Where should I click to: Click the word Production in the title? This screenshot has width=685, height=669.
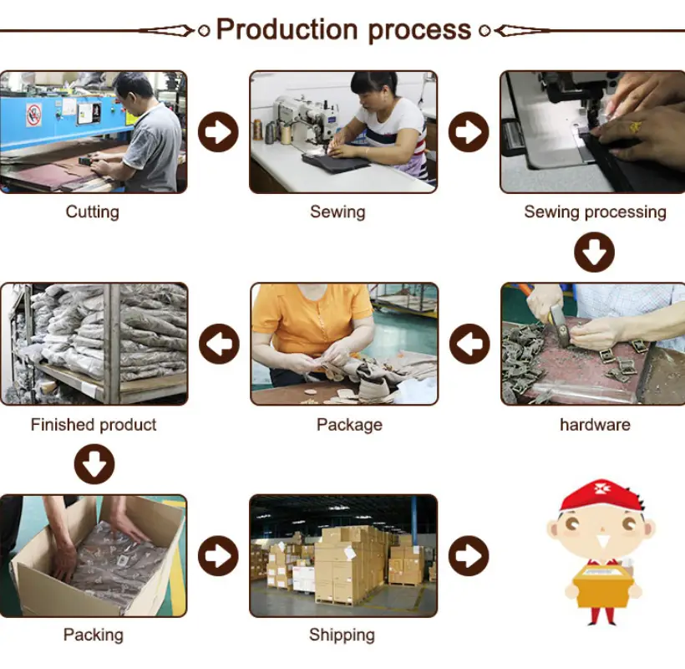(x=287, y=30)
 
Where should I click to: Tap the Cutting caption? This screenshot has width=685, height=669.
(x=92, y=212)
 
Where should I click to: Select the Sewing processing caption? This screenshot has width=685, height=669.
(x=595, y=212)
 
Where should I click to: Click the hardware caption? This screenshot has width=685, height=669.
(x=595, y=425)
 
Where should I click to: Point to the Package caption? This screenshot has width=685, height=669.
(x=349, y=425)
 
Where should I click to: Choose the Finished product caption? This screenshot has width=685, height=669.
(x=94, y=425)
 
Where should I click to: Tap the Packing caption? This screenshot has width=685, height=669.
(x=93, y=635)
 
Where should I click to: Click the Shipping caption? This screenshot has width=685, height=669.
(x=342, y=635)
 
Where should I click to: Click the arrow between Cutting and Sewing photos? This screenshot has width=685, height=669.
(x=218, y=132)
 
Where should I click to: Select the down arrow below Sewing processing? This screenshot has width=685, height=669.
(x=594, y=253)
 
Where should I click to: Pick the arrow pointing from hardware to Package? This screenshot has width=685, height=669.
(x=469, y=344)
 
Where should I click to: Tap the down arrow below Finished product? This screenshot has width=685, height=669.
(x=94, y=464)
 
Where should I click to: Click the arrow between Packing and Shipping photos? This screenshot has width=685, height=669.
(x=218, y=556)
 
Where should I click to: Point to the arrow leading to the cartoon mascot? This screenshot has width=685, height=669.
(x=469, y=556)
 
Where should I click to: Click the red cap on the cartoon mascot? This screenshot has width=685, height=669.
(x=601, y=495)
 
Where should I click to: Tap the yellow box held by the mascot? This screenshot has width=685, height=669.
(x=601, y=586)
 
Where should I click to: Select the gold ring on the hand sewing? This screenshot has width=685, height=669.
(x=635, y=127)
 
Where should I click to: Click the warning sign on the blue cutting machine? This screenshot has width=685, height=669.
(x=33, y=115)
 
